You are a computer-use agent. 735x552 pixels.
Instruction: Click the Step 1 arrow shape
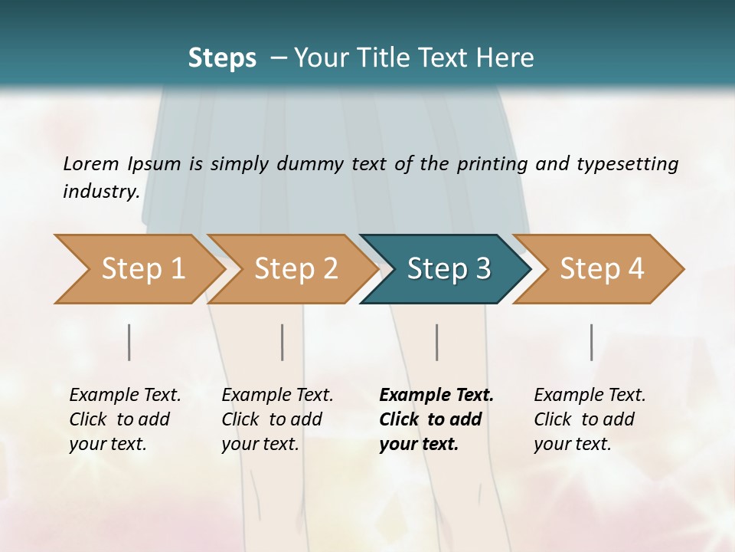click(x=142, y=269)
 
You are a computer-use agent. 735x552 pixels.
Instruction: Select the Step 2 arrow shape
click(x=296, y=269)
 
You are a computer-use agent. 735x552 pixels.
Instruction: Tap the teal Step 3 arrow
click(x=449, y=269)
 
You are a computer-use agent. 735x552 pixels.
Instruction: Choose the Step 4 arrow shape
click(x=602, y=269)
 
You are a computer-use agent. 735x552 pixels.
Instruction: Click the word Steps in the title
click(x=222, y=58)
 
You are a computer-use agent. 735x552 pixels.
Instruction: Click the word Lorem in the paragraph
click(x=91, y=163)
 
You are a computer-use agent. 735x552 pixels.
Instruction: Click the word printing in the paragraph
click(x=490, y=163)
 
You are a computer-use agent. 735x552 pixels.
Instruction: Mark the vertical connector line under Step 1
click(x=129, y=342)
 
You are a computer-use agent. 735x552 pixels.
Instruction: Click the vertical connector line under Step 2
click(x=283, y=342)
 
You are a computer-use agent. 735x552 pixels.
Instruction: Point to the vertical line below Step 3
click(x=437, y=342)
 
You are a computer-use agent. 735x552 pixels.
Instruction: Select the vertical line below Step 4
click(x=592, y=342)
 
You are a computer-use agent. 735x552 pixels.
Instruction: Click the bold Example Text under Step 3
click(x=436, y=395)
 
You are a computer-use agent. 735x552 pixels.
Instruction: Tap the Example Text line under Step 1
click(x=125, y=395)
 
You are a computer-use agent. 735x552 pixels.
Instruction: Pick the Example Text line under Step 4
click(x=590, y=395)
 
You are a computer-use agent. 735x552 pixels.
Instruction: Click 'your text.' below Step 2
click(x=260, y=444)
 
